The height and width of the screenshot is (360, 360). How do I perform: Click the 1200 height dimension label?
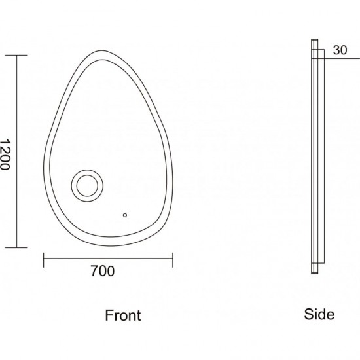pos(5,154)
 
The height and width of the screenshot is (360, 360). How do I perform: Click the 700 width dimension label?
pos(103,271)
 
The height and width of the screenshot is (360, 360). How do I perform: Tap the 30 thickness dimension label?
pos(340,50)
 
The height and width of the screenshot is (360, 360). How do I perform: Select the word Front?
pos(123,315)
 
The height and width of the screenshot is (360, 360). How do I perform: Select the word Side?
pos(319,314)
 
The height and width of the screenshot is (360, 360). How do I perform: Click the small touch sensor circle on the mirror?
pos(125,215)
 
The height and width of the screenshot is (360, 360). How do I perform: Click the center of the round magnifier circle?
pos(87,186)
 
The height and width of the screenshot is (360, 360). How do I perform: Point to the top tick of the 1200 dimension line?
pos(16,56)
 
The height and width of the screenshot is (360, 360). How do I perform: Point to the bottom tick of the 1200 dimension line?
pos(16,247)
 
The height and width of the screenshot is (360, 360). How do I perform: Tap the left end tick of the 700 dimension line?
pos(44,260)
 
